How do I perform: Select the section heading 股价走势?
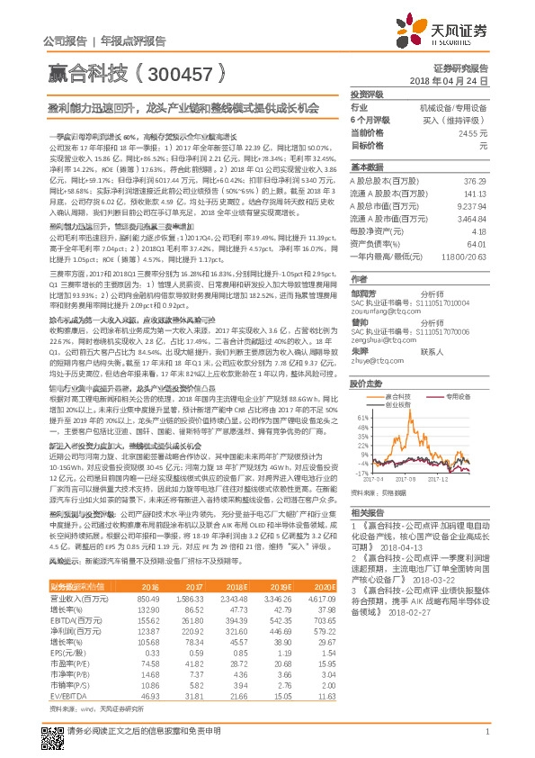(367, 358)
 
